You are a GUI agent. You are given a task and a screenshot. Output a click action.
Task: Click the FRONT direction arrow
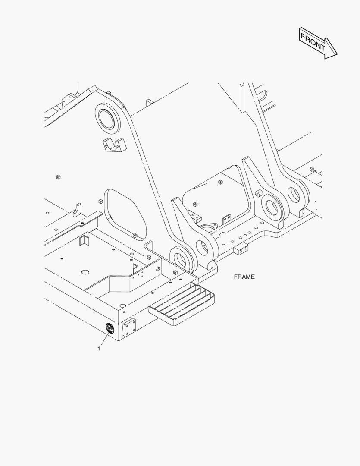[x=318, y=42]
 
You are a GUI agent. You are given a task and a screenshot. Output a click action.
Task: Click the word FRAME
[x=244, y=277]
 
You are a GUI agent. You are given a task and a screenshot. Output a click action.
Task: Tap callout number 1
[x=99, y=349]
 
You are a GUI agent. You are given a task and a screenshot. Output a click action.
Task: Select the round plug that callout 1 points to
[x=110, y=329]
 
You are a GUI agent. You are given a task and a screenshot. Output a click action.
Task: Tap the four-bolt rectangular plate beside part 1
[x=130, y=328]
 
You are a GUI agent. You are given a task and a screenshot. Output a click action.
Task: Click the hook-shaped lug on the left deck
[x=77, y=209]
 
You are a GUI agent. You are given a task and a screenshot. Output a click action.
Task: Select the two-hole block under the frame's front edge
[x=241, y=249]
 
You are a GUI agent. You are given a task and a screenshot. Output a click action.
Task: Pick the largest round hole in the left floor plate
[x=85, y=272]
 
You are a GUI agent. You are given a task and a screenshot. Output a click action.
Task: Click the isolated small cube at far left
[x=58, y=176]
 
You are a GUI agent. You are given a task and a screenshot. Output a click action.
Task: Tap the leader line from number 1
[x=104, y=339]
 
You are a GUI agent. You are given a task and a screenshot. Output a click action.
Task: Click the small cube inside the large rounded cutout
[x=135, y=236]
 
